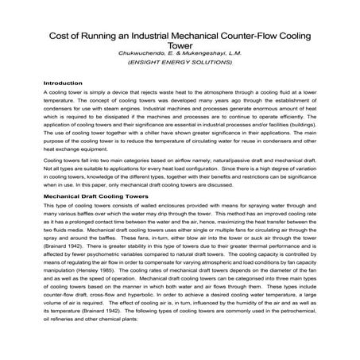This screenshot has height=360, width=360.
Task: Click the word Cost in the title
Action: (x=64, y=36)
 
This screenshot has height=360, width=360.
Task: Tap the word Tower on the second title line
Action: (x=180, y=47)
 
